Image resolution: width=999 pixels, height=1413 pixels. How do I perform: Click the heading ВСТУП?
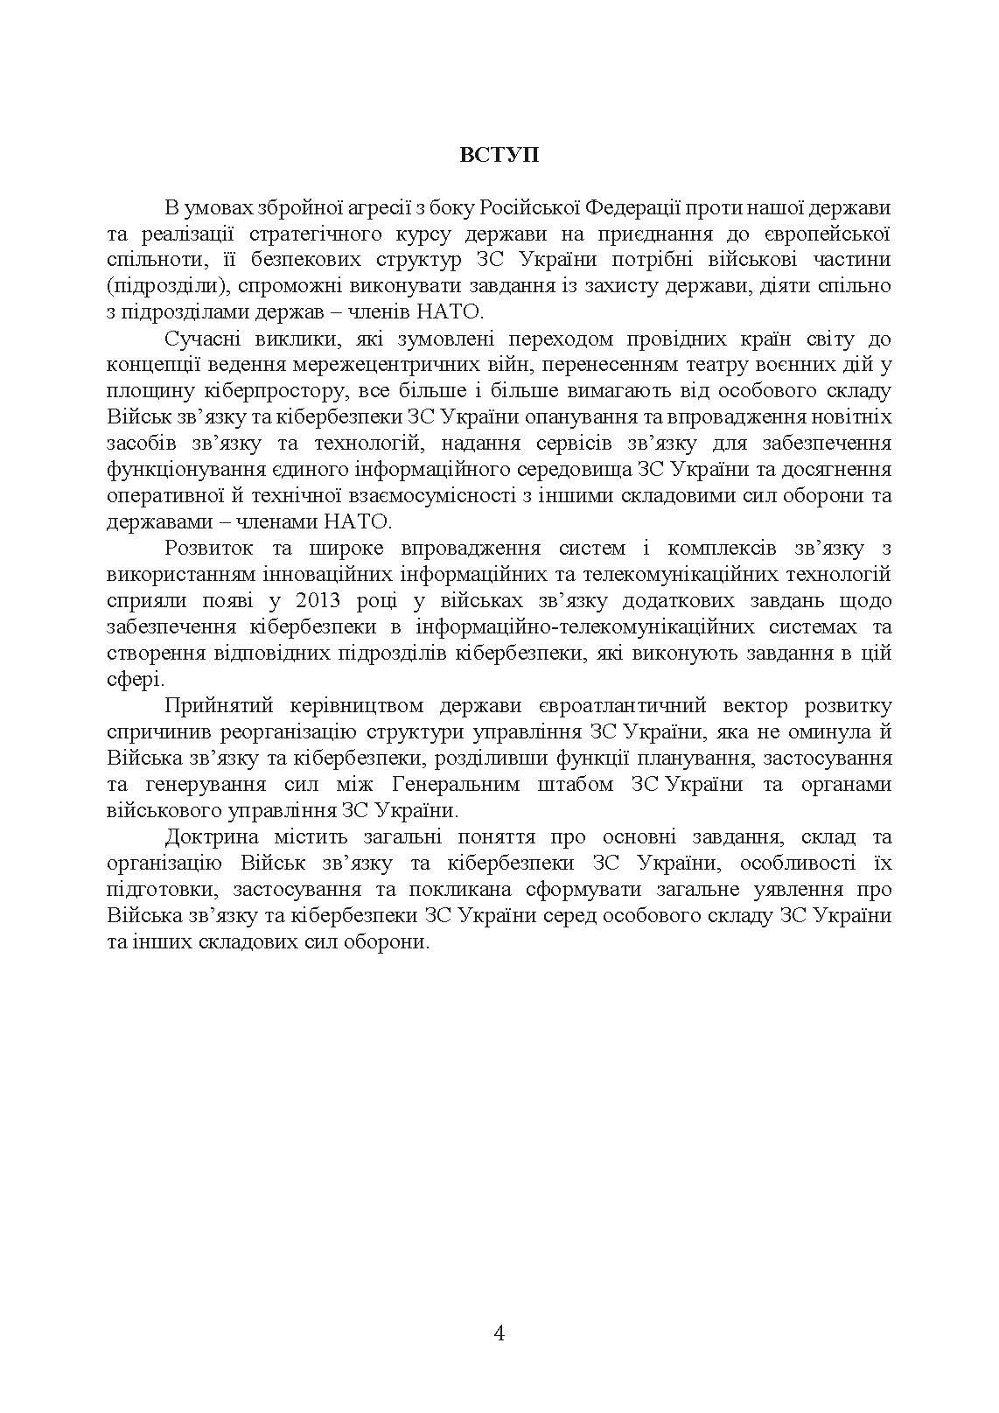[x=499, y=155]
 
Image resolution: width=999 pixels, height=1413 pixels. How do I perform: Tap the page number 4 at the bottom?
[x=499, y=1333]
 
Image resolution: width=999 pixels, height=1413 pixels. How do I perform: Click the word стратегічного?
[x=310, y=234]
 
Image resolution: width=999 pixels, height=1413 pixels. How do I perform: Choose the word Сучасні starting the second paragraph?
[x=201, y=339]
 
